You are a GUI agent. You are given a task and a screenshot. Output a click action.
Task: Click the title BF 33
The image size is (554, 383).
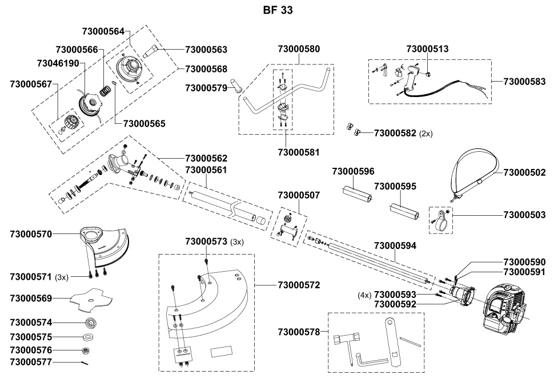(x=278, y=10)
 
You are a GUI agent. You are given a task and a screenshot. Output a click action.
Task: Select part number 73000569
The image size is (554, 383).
(x=31, y=299)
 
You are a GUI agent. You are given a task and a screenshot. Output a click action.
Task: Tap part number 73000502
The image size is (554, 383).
(x=524, y=172)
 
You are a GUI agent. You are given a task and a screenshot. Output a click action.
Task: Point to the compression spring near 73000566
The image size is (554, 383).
(x=104, y=91)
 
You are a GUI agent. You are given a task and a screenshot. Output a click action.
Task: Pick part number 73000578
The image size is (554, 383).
(x=299, y=332)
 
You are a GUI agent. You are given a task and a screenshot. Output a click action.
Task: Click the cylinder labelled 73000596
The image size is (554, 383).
(x=356, y=193)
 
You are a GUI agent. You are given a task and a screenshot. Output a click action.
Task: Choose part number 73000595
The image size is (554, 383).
(x=395, y=186)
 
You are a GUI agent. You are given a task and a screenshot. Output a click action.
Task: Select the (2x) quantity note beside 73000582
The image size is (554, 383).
(x=425, y=134)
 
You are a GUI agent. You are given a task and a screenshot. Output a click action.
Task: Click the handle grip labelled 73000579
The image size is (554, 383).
(x=236, y=85)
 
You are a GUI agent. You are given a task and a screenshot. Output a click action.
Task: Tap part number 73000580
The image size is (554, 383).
(x=299, y=49)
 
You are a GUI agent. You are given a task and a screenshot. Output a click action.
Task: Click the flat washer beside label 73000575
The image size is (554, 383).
(x=88, y=337)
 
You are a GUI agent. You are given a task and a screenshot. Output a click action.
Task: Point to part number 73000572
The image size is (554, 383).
(x=299, y=285)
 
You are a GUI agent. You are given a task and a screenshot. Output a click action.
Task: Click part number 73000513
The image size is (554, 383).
(x=428, y=49)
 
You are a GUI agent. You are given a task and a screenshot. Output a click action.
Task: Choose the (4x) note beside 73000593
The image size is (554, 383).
(x=364, y=295)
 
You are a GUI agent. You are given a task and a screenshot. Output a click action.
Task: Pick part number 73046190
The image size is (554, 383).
(x=58, y=63)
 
